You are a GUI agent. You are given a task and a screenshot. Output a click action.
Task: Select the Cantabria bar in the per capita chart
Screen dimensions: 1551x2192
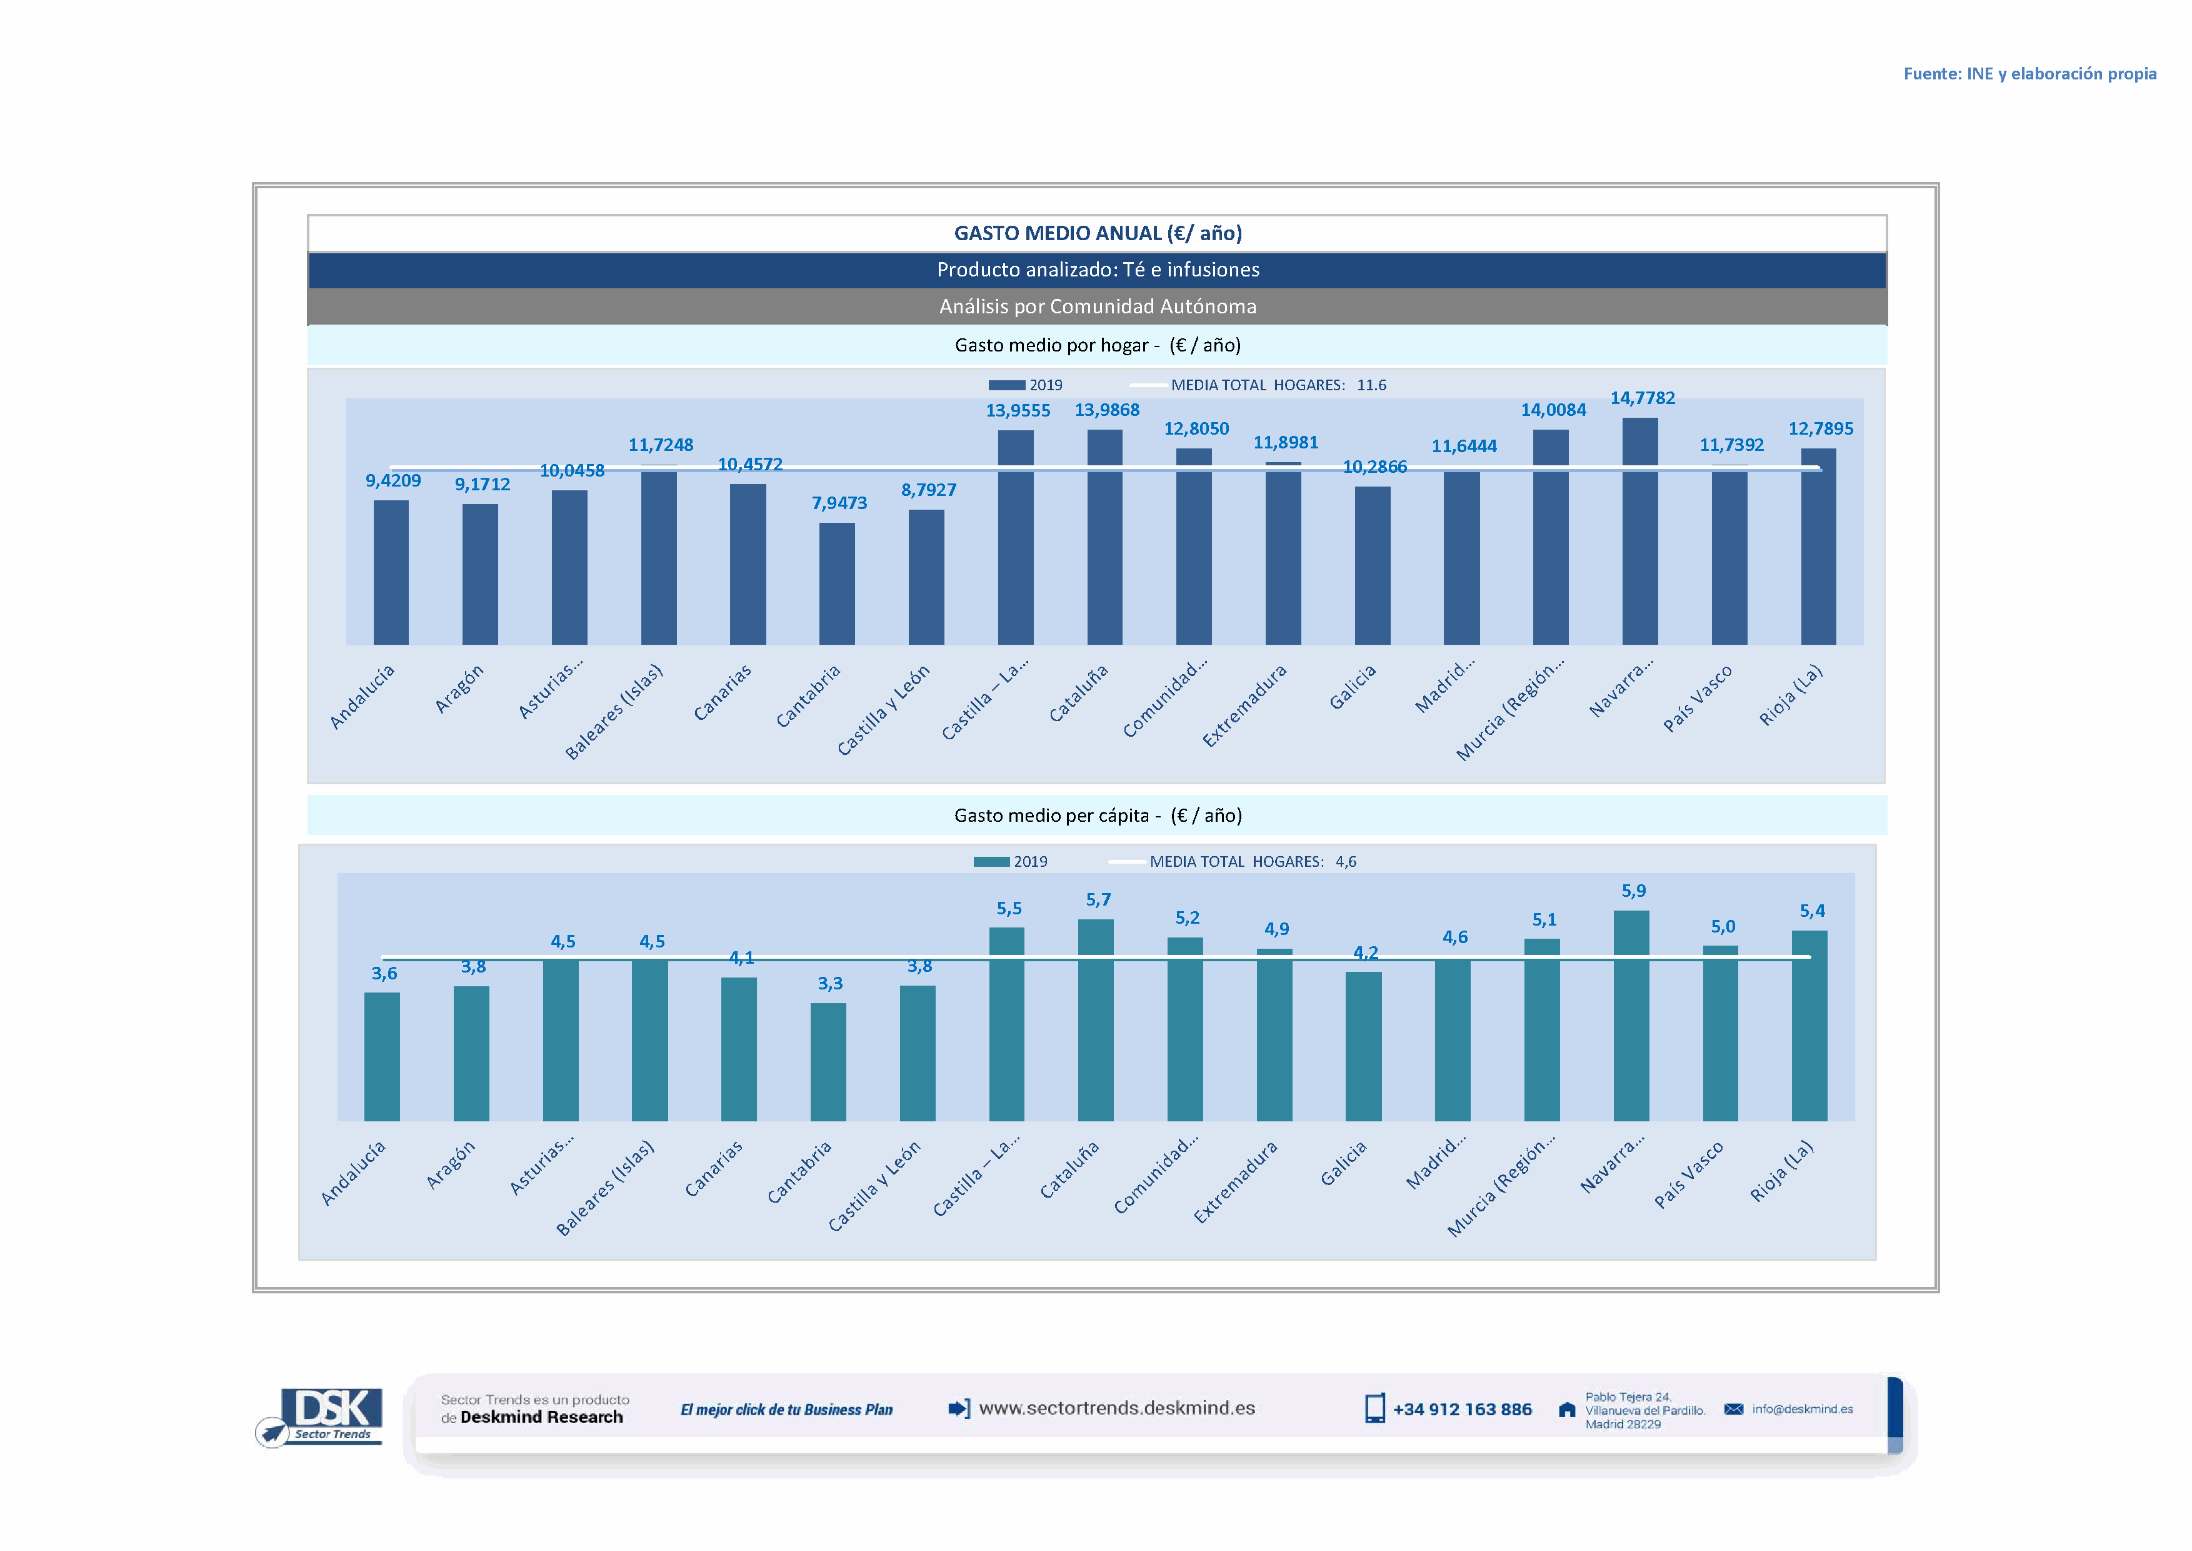[x=828, y=1061]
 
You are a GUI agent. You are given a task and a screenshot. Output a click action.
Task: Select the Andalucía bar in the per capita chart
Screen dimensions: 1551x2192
[x=382, y=1056]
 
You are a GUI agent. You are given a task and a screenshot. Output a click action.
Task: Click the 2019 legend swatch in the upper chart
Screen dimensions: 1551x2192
[x=1006, y=385]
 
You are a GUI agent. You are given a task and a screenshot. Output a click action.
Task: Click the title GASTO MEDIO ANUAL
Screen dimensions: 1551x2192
[x=1097, y=233]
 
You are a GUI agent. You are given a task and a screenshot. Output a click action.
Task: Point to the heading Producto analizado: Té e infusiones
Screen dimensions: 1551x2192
[x=1097, y=270]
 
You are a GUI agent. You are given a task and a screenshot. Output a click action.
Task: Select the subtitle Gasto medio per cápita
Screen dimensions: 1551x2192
[x=1097, y=816]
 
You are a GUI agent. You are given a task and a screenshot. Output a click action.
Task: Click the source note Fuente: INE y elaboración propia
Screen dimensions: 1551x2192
[x=2029, y=74]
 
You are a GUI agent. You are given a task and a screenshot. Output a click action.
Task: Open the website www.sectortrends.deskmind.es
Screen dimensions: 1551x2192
[x=1116, y=1408]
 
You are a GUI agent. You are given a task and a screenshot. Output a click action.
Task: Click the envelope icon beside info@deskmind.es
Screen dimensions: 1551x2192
[x=1733, y=1408]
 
